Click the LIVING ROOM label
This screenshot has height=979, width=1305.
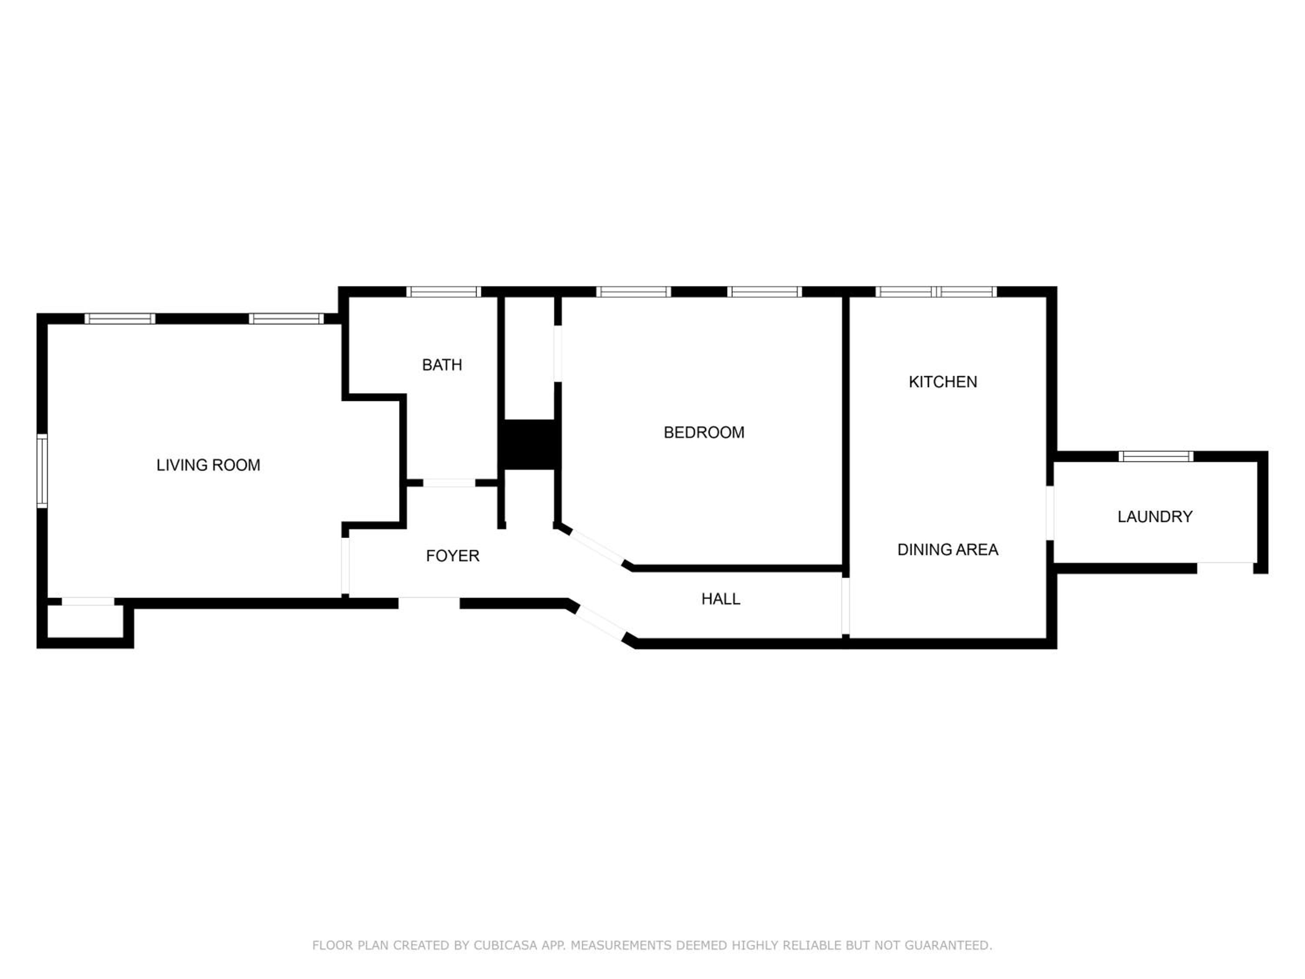point(208,465)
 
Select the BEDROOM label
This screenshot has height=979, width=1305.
point(704,433)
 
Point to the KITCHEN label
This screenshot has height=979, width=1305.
point(943,382)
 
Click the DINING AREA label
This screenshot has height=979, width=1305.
point(947,550)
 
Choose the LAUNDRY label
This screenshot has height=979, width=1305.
point(1154,516)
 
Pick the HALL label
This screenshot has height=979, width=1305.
point(720,599)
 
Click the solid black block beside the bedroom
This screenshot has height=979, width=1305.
point(529,445)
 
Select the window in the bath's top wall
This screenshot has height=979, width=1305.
point(444,292)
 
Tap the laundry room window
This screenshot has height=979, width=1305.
point(1156,456)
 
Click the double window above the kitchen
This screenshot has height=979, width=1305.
point(936,292)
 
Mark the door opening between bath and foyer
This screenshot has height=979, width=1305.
point(449,483)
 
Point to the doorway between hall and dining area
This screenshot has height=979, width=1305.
point(845,606)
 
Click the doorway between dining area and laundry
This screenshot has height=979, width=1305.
point(1050,513)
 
